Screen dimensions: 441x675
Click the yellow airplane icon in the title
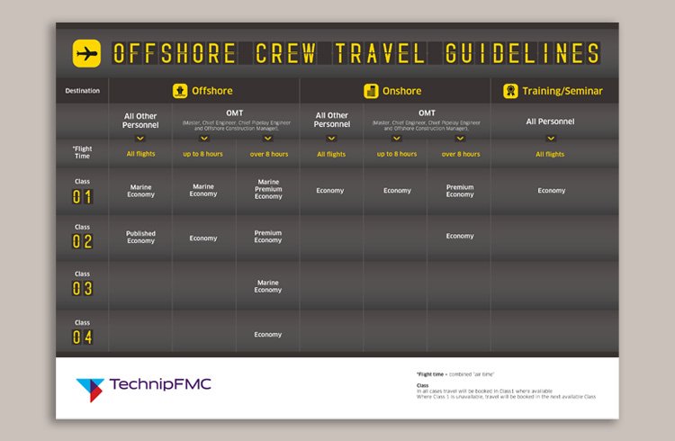tap(86, 53)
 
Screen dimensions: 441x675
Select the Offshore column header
tap(202, 91)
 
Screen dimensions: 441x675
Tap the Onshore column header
tap(393, 91)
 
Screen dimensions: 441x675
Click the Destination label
tap(82, 91)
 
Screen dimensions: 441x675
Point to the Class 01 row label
tap(82, 192)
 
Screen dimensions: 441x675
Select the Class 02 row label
tap(82, 237)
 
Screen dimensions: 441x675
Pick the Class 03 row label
tap(82, 284)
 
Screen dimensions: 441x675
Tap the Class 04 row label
tap(82, 332)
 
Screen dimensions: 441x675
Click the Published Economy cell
tap(140, 238)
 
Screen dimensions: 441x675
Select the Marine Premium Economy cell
tap(267, 189)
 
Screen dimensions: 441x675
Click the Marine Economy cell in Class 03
tap(267, 286)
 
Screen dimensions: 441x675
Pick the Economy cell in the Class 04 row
tap(267, 335)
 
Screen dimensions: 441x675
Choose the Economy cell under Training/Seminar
tap(551, 191)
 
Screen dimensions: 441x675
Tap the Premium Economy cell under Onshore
tap(460, 191)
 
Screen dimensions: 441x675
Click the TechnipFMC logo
tap(144, 386)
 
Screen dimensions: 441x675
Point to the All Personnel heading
tap(550, 121)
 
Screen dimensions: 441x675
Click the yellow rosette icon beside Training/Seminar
tap(510, 91)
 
